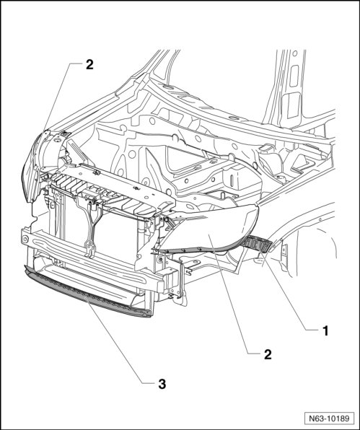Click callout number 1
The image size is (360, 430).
(325, 330)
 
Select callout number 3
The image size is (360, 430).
(162, 384)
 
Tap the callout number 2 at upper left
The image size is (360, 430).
(89, 65)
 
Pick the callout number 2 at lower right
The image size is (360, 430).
(268, 354)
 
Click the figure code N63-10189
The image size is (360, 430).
(329, 418)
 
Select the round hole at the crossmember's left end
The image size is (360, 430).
(25, 239)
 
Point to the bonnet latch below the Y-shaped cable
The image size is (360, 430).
(89, 249)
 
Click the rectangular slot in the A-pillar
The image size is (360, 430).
(294, 76)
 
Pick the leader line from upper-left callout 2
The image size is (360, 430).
(57, 97)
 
